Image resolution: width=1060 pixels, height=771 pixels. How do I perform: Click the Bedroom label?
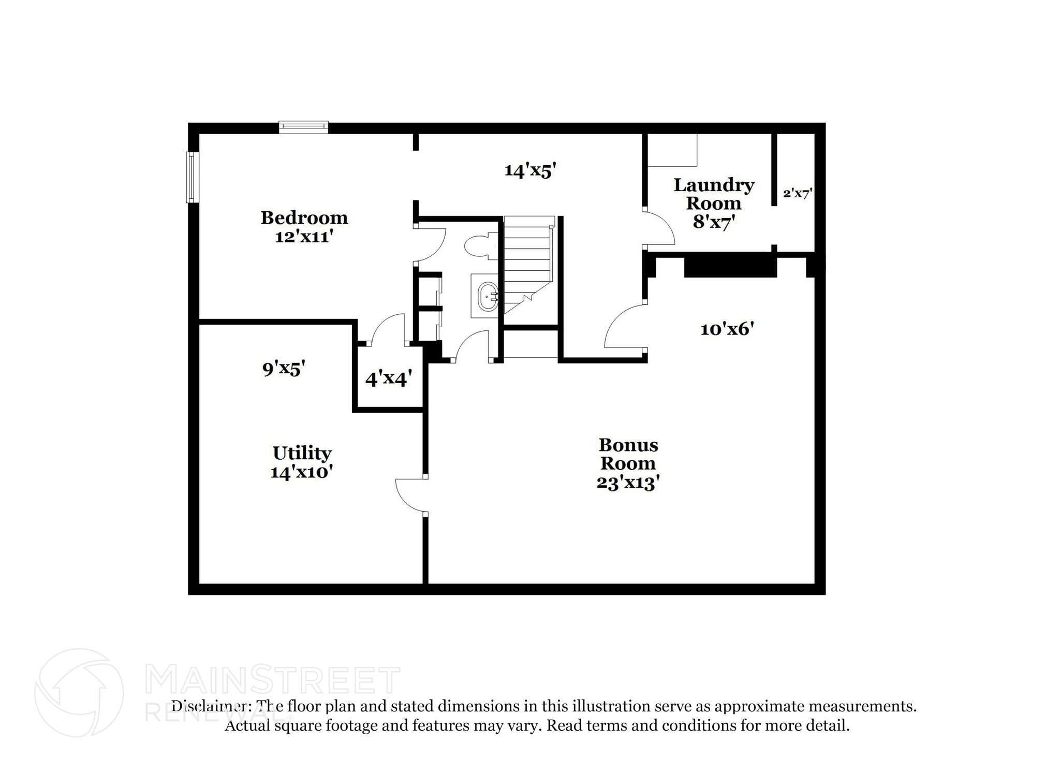[304, 217]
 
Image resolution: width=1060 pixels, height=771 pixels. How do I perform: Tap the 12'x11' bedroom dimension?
[304, 237]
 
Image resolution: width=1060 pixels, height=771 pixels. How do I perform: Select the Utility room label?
[302, 453]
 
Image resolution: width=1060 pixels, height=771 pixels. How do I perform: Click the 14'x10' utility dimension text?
[301, 472]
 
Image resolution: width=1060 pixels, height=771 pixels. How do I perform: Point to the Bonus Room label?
[628, 454]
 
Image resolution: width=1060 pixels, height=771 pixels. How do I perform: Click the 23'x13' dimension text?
[628, 483]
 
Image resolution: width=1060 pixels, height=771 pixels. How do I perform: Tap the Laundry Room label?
[713, 194]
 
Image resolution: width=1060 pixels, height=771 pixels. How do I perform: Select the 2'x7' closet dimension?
[798, 194]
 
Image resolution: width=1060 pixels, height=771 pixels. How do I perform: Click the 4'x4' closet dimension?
[388, 379]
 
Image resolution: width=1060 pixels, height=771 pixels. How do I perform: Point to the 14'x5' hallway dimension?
[530, 170]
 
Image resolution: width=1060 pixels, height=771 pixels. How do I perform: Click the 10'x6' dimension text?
[727, 329]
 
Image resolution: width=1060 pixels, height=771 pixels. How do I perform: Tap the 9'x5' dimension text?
[284, 368]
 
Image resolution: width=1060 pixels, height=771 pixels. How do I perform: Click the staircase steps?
[527, 259]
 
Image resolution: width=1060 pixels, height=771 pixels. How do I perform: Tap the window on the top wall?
[303, 127]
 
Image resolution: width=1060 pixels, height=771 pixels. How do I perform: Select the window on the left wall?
[192, 177]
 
